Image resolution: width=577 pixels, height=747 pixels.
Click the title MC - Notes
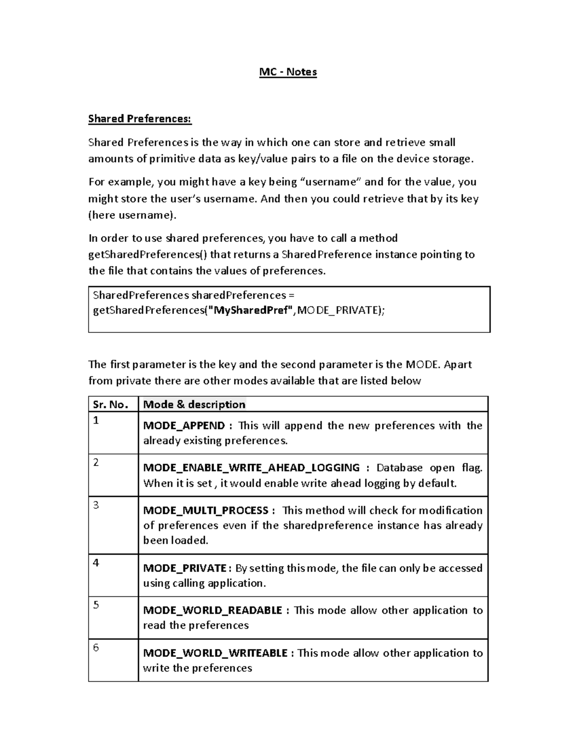click(288, 72)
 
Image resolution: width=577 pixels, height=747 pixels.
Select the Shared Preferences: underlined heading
click(139, 119)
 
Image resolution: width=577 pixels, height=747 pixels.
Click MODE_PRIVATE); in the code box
click(341, 310)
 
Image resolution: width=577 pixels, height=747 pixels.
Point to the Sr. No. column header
click(111, 405)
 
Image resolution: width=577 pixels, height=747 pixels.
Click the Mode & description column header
click(194, 405)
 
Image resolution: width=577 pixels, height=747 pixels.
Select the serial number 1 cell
click(96, 420)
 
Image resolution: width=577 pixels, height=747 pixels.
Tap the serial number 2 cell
click(96, 463)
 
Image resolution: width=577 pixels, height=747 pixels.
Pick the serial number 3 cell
click(96, 505)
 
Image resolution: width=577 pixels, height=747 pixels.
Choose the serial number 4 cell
click(96, 563)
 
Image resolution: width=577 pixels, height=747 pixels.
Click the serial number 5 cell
click(96, 605)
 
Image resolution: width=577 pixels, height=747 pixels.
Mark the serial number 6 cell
click(96, 647)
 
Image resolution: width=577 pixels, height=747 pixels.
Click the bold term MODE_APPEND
click(184, 426)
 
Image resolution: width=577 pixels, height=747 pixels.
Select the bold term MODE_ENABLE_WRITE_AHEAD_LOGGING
click(251, 468)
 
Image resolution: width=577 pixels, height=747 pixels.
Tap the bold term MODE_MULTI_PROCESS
click(206, 510)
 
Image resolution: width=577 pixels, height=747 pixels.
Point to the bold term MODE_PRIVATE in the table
click(185, 568)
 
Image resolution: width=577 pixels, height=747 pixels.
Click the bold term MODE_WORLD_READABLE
click(213, 610)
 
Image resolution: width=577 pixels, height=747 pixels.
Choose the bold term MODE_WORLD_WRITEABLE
click(215, 653)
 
